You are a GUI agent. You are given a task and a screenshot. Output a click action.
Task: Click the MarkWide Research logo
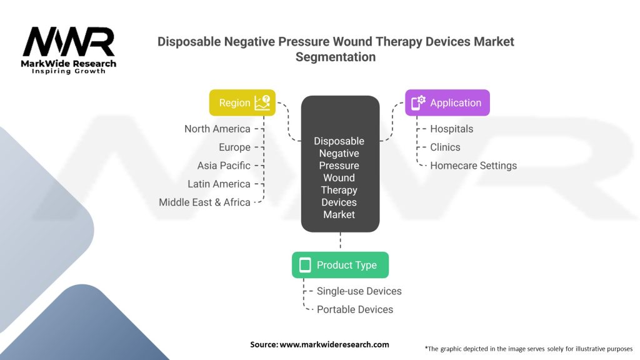(x=69, y=50)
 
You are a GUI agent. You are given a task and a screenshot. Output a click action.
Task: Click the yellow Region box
(x=242, y=102)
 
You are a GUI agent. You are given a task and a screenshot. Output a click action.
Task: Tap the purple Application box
(x=447, y=102)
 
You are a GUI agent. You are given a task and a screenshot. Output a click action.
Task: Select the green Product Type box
(x=340, y=265)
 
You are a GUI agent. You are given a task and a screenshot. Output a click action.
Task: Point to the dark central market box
(x=340, y=164)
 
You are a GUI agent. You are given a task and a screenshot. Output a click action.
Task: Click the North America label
(x=217, y=129)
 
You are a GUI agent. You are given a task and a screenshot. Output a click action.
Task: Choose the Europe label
(x=234, y=147)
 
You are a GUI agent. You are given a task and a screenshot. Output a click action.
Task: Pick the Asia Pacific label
(x=223, y=166)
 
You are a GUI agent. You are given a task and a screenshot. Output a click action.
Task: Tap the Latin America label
(x=219, y=184)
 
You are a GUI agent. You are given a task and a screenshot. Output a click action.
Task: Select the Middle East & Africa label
(x=204, y=202)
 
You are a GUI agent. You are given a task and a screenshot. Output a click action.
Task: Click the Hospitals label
(x=451, y=129)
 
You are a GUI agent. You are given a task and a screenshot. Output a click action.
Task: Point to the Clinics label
(x=445, y=147)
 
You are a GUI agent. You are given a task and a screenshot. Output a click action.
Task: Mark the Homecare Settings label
(x=473, y=166)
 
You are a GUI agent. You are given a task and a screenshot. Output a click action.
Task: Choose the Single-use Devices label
(x=359, y=291)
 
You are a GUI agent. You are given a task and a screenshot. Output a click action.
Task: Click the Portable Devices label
(x=354, y=309)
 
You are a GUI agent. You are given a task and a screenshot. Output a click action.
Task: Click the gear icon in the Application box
(x=418, y=102)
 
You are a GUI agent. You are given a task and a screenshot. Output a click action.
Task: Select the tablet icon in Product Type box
(x=305, y=265)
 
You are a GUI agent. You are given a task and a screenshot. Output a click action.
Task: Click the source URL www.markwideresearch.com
(x=335, y=344)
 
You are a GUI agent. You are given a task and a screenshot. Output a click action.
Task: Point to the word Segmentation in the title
(x=336, y=57)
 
